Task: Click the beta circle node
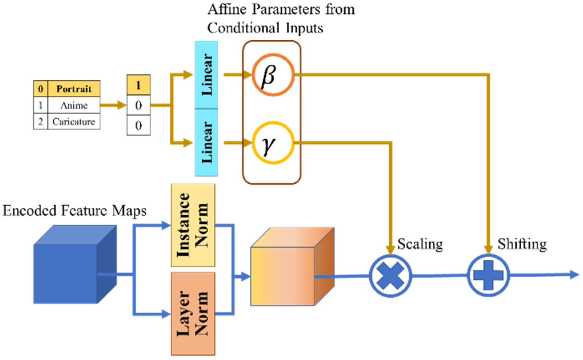pyautogui.click(x=273, y=75)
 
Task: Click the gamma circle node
pyautogui.click(x=273, y=143)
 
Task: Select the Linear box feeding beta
pyautogui.click(x=206, y=75)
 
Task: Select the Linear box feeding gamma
pyautogui.click(x=206, y=143)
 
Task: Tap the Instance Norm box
pyautogui.click(x=193, y=225)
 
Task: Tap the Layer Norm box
pyautogui.click(x=193, y=313)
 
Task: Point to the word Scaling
pyautogui.click(x=420, y=244)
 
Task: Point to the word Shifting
pyautogui.click(x=522, y=244)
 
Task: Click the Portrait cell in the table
pyautogui.click(x=74, y=89)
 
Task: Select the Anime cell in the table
pyautogui.click(x=74, y=105)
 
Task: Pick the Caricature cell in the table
pyautogui.click(x=74, y=122)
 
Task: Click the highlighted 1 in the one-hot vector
pyautogui.click(x=139, y=85)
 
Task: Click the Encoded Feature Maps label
pyautogui.click(x=74, y=211)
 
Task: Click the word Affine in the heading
pyautogui.click(x=227, y=10)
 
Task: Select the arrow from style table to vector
pyautogui.click(x=113, y=105)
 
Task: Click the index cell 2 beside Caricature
pyautogui.click(x=41, y=122)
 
